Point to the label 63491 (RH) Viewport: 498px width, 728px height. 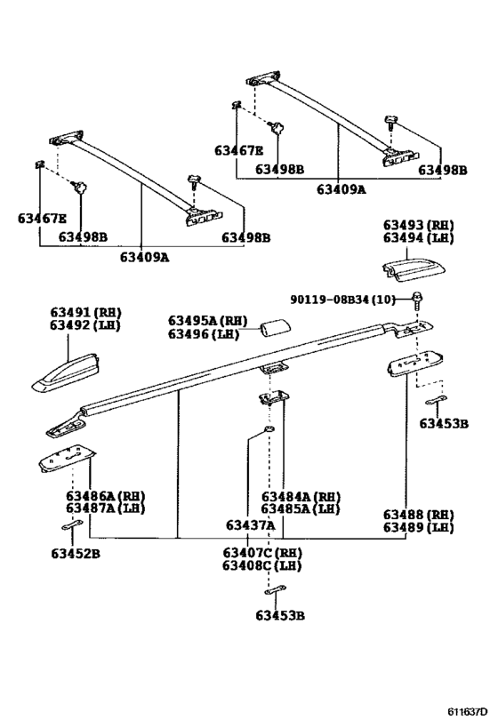coord(84,313)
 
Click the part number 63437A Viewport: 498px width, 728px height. coord(249,525)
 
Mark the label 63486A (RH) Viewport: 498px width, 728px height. coord(105,496)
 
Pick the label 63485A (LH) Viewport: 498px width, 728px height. coord(301,509)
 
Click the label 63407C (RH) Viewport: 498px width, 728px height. coord(262,553)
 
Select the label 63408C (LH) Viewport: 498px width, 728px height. coord(262,565)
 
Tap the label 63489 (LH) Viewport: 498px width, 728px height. coord(418,527)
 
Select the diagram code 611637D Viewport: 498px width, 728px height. coord(466,711)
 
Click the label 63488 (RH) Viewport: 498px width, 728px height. coord(418,515)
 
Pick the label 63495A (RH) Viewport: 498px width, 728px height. coord(207,321)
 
